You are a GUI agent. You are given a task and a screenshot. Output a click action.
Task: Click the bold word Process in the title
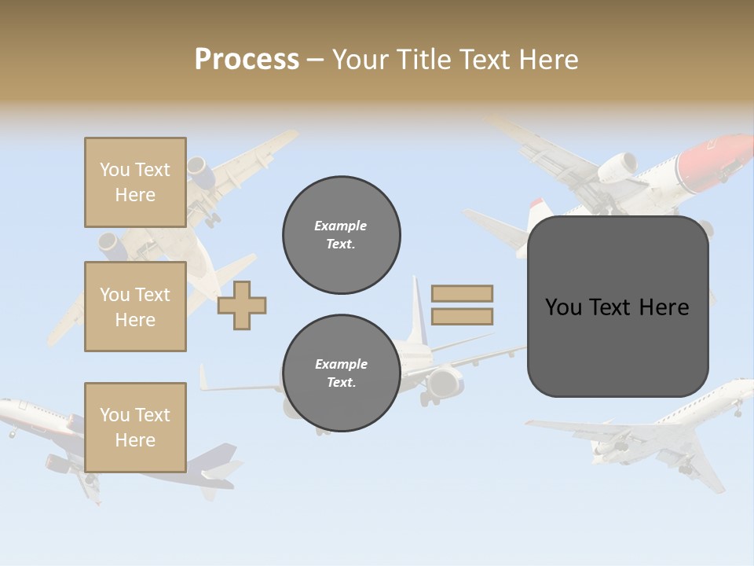247,59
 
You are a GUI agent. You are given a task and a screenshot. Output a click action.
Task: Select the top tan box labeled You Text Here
135,182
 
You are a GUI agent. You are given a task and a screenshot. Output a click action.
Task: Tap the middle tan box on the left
135,307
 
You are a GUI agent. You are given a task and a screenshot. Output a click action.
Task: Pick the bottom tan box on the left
135,427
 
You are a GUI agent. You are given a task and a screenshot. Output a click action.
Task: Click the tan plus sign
242,305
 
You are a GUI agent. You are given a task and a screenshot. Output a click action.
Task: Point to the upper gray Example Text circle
342,234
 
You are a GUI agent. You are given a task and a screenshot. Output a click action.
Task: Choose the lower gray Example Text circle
342,373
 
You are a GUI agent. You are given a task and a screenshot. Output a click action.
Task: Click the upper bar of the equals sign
463,293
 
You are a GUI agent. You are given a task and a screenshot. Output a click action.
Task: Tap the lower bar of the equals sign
463,317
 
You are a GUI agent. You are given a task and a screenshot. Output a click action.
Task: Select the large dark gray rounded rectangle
617,307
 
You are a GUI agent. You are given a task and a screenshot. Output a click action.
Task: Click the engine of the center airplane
444,382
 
